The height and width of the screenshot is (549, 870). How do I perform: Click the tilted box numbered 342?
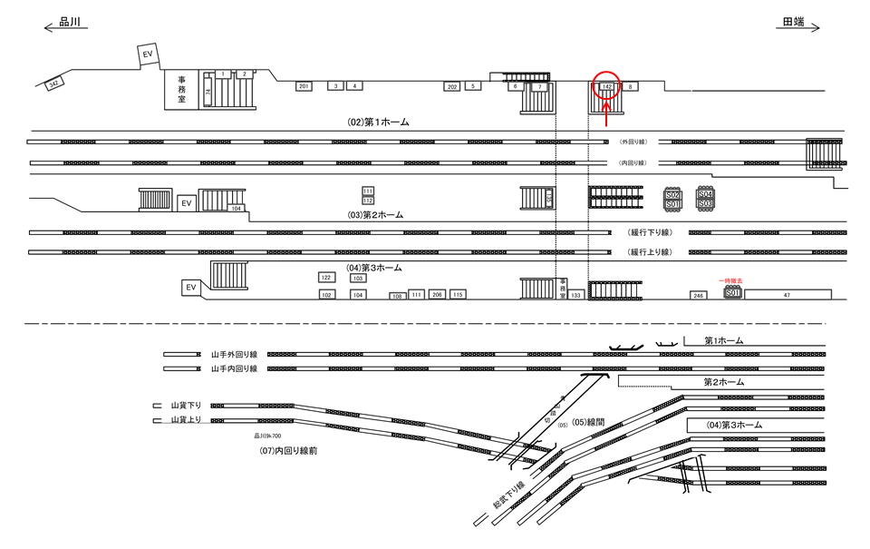tap(54, 83)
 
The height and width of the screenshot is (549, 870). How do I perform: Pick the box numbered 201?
tap(304, 86)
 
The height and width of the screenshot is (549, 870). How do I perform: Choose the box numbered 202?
tap(451, 86)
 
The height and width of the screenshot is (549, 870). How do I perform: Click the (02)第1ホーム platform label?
tap(379, 121)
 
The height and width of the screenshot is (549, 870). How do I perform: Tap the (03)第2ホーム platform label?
tap(375, 215)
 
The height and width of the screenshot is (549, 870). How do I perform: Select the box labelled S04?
tap(705, 194)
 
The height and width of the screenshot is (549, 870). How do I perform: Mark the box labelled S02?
tap(672, 194)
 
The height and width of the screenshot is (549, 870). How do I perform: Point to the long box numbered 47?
tap(788, 295)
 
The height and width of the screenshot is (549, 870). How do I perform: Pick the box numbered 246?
tap(698, 296)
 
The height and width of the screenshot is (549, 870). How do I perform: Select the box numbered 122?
tap(326, 278)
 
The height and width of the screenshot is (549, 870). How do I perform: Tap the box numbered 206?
tap(437, 295)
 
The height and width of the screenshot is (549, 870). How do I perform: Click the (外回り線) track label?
tap(632, 142)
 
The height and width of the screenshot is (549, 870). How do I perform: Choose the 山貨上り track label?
tap(185, 420)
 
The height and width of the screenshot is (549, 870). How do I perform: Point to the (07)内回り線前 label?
tap(287, 450)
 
